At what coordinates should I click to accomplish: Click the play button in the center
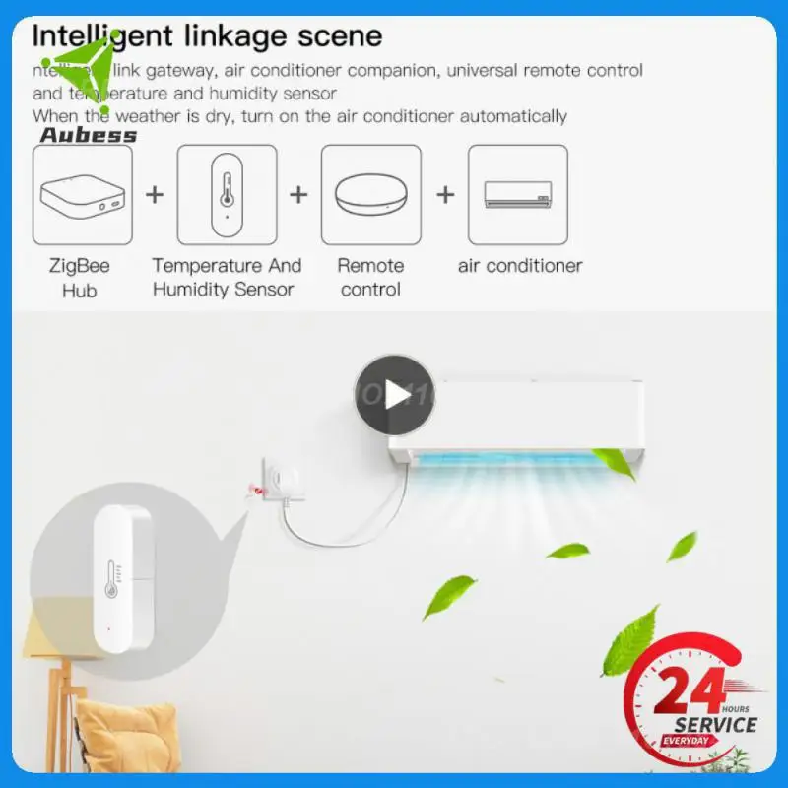point(395,395)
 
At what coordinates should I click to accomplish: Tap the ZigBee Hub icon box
point(83,195)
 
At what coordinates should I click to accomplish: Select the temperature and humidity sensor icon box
point(227,195)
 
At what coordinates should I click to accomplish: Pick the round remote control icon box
point(371,195)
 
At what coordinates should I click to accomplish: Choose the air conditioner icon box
point(517,195)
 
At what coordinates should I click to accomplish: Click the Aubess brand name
point(89,135)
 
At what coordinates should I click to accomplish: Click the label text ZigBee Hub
point(80,278)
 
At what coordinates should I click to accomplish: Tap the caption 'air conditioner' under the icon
point(520,266)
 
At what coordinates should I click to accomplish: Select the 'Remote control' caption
point(370,278)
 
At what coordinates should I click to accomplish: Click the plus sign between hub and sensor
point(155,194)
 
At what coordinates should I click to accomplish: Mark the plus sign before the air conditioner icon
point(445,194)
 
